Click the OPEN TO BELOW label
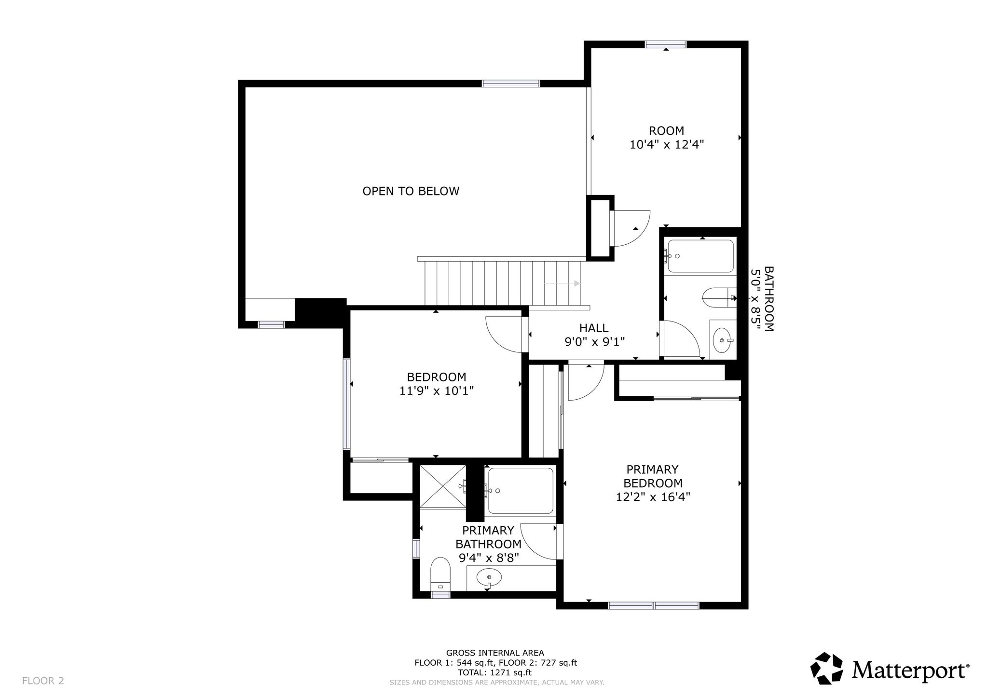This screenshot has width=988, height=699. (411, 191)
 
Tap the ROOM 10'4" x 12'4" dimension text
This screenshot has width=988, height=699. (667, 144)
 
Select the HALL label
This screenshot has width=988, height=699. (594, 328)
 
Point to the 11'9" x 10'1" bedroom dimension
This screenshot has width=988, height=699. (437, 391)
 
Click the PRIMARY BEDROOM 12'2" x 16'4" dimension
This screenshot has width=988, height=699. (653, 497)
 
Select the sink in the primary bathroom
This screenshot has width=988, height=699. (489, 577)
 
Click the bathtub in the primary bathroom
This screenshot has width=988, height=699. (521, 491)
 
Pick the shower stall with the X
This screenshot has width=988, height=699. (443, 486)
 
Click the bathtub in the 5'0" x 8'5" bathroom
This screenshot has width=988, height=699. (700, 256)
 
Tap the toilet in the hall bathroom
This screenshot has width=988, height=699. (719, 297)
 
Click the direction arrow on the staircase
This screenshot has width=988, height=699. (563, 283)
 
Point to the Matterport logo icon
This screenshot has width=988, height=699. (826, 669)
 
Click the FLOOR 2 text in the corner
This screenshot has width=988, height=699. (43, 681)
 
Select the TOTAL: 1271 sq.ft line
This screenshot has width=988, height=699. (495, 672)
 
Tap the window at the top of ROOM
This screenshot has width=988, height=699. (666, 44)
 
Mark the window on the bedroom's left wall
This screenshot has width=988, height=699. (346, 404)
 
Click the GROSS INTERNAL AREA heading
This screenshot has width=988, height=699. (495, 653)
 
